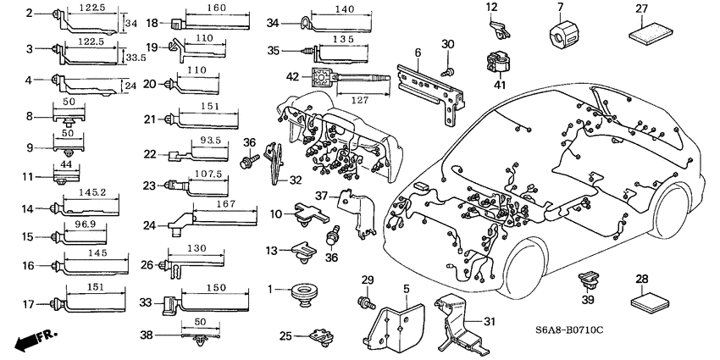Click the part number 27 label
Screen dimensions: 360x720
[641, 9]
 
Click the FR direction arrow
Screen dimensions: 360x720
[31, 341]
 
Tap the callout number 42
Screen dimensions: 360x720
[292, 76]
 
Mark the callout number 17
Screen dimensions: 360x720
[28, 303]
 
